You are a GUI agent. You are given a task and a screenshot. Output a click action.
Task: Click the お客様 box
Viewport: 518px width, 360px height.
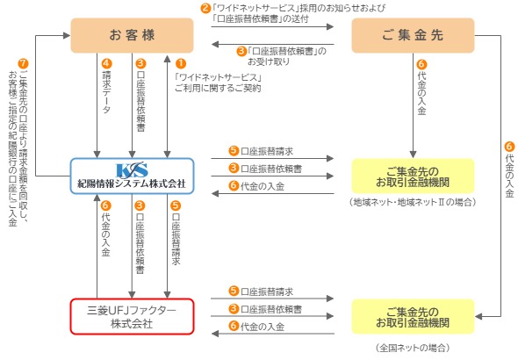tap(132, 35)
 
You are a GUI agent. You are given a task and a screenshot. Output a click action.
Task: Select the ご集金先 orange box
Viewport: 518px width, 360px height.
tap(413, 35)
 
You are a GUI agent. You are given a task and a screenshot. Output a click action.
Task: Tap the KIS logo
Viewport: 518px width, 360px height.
tap(132, 170)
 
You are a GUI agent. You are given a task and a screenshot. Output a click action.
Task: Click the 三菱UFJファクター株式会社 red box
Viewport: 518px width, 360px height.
tap(132, 316)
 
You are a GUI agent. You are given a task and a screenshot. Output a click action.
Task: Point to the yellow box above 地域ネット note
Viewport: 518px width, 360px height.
tap(413, 176)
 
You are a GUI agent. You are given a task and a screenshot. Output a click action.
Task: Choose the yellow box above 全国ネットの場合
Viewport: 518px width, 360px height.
tap(413, 316)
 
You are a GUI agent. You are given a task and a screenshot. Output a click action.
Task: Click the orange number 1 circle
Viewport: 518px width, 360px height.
tap(181, 63)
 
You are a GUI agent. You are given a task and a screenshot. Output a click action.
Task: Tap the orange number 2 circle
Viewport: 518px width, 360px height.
tap(205, 8)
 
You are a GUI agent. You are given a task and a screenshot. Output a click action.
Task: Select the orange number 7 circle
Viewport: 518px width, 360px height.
tap(23, 63)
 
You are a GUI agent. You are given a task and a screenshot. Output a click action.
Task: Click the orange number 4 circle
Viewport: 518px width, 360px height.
tap(107, 63)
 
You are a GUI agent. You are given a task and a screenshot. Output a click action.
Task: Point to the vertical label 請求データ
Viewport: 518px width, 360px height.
tap(106, 92)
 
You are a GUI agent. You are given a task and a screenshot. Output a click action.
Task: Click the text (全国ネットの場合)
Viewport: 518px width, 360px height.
tap(413, 348)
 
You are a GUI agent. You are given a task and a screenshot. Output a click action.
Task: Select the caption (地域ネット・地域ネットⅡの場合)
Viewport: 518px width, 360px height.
tap(413, 202)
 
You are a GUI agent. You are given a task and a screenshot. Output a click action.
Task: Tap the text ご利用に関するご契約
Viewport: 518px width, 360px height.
tap(218, 88)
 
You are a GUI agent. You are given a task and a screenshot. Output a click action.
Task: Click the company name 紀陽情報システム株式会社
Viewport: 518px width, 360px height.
tap(132, 184)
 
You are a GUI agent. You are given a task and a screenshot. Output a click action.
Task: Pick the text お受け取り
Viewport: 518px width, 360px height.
tap(269, 61)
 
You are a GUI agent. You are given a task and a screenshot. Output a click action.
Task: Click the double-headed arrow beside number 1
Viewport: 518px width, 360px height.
tap(167, 106)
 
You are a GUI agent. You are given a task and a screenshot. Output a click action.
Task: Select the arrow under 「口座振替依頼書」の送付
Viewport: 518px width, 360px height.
tap(272, 26)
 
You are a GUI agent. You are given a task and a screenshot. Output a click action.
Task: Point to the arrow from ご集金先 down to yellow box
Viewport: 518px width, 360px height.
tap(413, 105)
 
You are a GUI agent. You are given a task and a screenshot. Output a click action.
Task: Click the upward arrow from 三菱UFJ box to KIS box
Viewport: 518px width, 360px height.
tap(97, 246)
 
